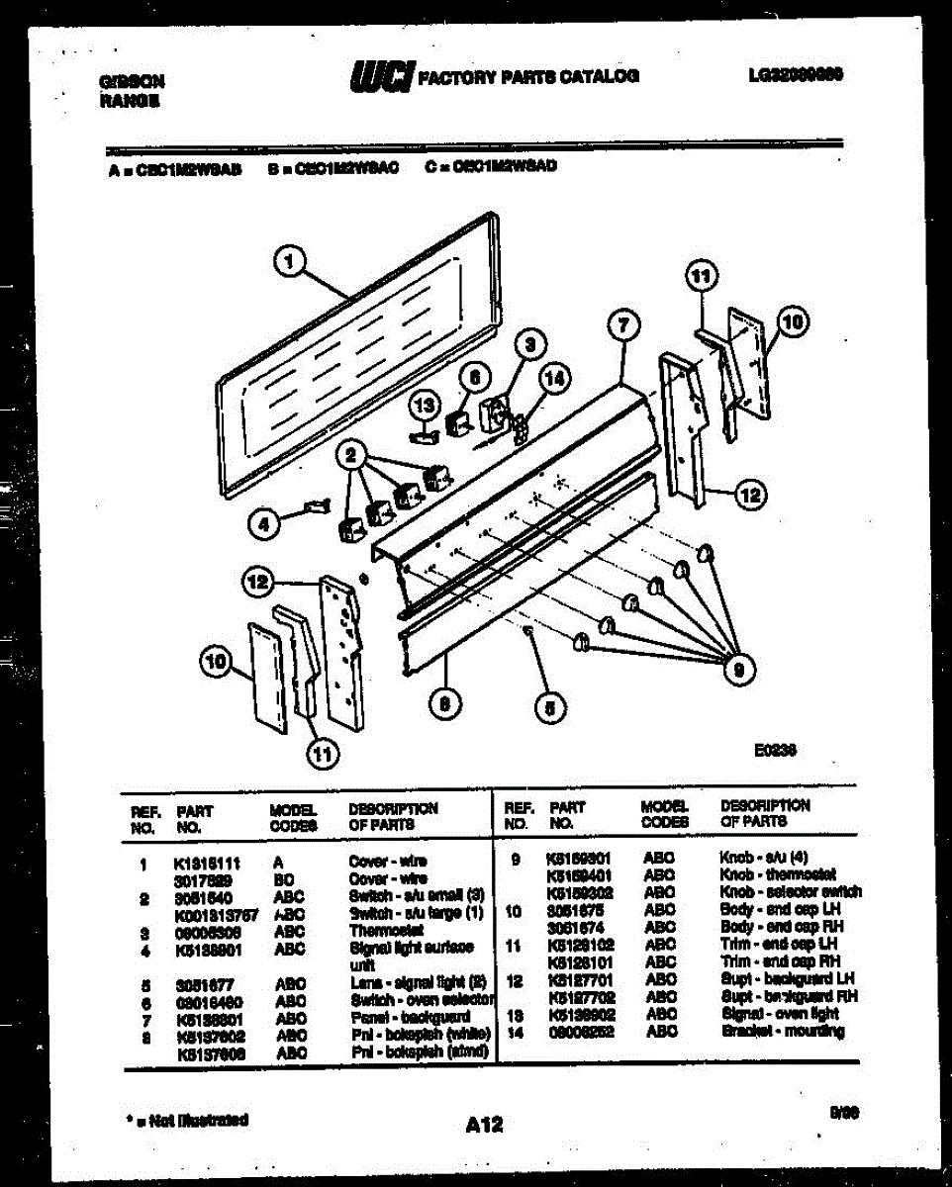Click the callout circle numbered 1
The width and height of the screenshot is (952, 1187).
(x=289, y=262)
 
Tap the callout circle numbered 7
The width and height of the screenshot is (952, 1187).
(x=623, y=325)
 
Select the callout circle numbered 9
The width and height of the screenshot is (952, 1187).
(x=734, y=671)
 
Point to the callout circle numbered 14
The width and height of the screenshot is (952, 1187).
(x=555, y=377)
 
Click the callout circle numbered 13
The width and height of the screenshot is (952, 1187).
(x=425, y=405)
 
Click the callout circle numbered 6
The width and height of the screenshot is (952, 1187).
(x=474, y=377)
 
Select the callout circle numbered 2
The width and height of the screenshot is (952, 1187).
(x=349, y=456)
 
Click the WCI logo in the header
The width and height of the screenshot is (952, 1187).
(x=381, y=76)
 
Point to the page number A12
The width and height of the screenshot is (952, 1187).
(x=483, y=1124)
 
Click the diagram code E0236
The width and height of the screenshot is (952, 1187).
(x=776, y=752)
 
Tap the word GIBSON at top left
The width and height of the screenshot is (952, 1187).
(x=133, y=82)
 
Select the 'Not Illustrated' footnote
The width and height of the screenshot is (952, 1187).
(x=187, y=1120)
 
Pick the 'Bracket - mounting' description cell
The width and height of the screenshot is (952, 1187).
(x=782, y=1032)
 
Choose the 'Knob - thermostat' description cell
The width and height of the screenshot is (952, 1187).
(x=778, y=874)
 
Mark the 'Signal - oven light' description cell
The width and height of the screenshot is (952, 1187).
(x=781, y=1015)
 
